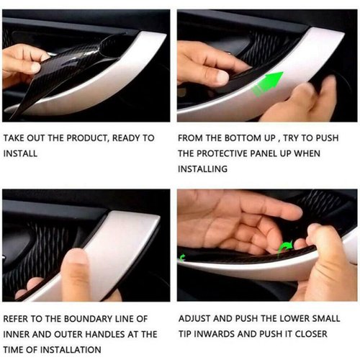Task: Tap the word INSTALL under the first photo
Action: [20, 153]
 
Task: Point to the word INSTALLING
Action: [202, 169]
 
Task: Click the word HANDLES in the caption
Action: [105, 334]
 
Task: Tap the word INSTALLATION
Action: [70, 350]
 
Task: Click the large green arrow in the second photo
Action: [269, 83]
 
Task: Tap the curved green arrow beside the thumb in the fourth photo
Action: [285, 248]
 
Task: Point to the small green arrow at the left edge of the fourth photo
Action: [182, 258]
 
